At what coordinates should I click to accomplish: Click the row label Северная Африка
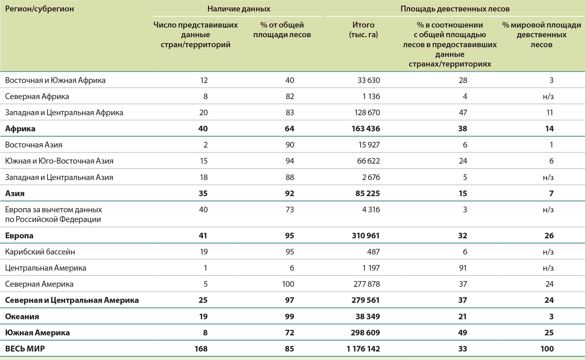[37, 96]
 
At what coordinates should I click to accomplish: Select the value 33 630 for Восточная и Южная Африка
[369, 80]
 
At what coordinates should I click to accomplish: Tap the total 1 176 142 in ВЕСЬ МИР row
[363, 349]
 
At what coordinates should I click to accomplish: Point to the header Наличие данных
[239, 9]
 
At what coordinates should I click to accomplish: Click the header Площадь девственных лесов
[455, 9]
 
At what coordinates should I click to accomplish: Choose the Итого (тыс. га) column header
[363, 30]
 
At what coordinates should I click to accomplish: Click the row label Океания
[22, 316]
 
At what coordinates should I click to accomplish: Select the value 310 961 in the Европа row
[366, 236]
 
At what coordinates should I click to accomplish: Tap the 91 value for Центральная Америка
[463, 268]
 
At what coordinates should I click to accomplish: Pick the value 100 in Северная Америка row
[288, 284]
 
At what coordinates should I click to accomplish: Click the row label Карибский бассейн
[40, 252]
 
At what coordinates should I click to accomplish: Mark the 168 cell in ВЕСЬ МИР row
[201, 349]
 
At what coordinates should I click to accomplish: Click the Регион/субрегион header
[40, 9]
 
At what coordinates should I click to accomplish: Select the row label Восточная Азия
[34, 145]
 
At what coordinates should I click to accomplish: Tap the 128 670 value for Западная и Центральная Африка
[367, 113]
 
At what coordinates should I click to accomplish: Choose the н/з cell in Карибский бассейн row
[548, 252]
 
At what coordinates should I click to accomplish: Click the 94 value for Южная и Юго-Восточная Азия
[289, 161]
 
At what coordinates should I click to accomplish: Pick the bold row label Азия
[15, 193]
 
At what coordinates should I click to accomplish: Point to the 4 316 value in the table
[371, 210]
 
